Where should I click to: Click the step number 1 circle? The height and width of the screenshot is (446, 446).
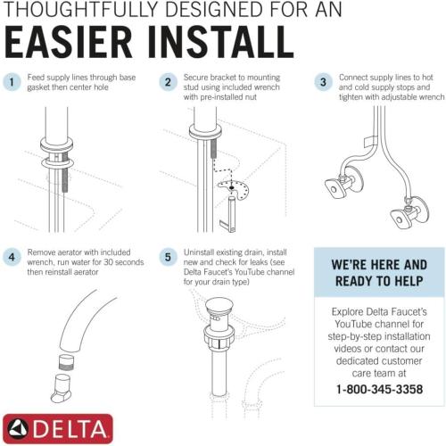click(12, 82)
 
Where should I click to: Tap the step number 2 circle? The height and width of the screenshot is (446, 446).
click(167, 82)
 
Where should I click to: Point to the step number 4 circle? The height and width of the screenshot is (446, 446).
click(12, 258)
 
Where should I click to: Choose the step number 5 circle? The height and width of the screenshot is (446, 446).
click(167, 258)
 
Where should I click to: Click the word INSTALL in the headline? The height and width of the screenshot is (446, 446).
click(224, 43)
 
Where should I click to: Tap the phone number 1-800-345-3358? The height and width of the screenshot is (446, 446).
click(379, 390)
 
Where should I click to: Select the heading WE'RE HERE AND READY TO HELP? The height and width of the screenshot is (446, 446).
click(379, 274)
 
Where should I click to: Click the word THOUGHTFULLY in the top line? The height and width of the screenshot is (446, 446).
click(89, 11)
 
